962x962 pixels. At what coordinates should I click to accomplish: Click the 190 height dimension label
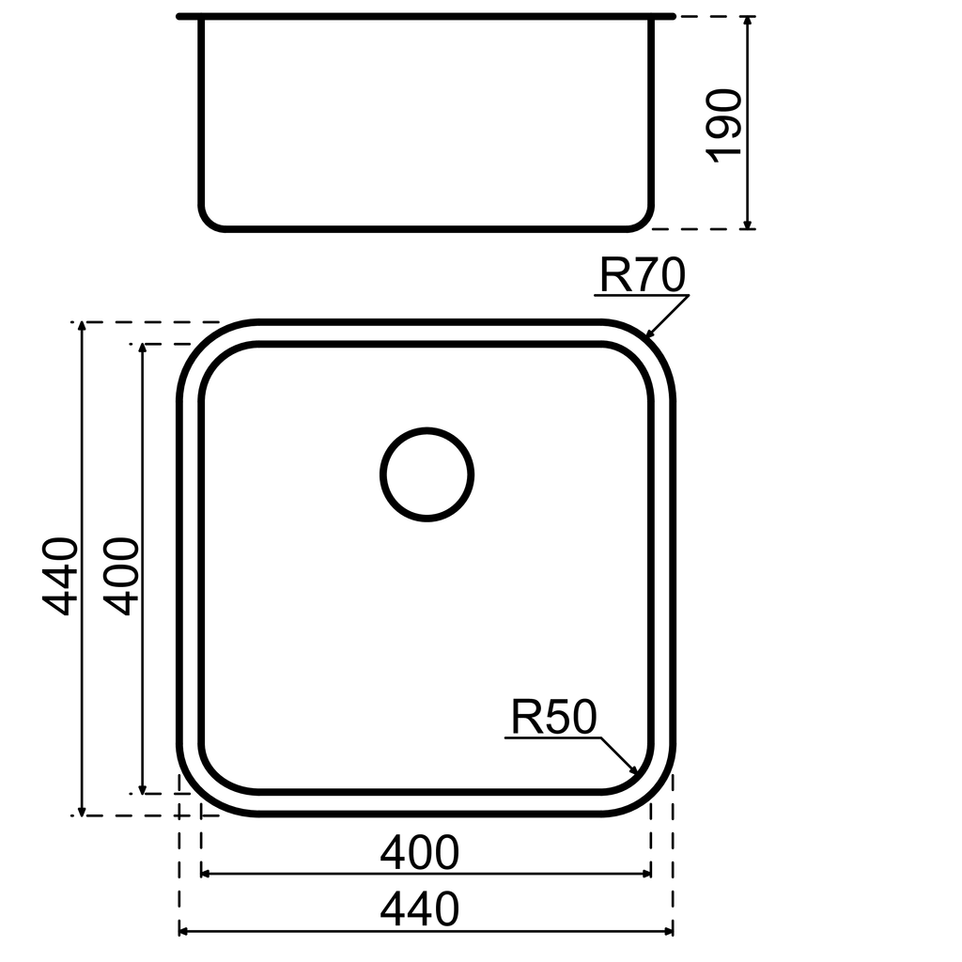(724, 126)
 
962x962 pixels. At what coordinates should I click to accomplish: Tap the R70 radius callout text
(643, 276)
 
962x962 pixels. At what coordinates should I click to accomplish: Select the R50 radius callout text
(553, 719)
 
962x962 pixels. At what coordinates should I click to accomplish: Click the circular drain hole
(427, 473)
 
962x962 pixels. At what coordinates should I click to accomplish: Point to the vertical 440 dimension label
(63, 575)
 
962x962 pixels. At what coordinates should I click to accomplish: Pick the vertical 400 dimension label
(122, 575)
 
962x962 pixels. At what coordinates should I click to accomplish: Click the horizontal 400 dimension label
(419, 853)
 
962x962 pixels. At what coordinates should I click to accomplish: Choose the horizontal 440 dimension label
(419, 909)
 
